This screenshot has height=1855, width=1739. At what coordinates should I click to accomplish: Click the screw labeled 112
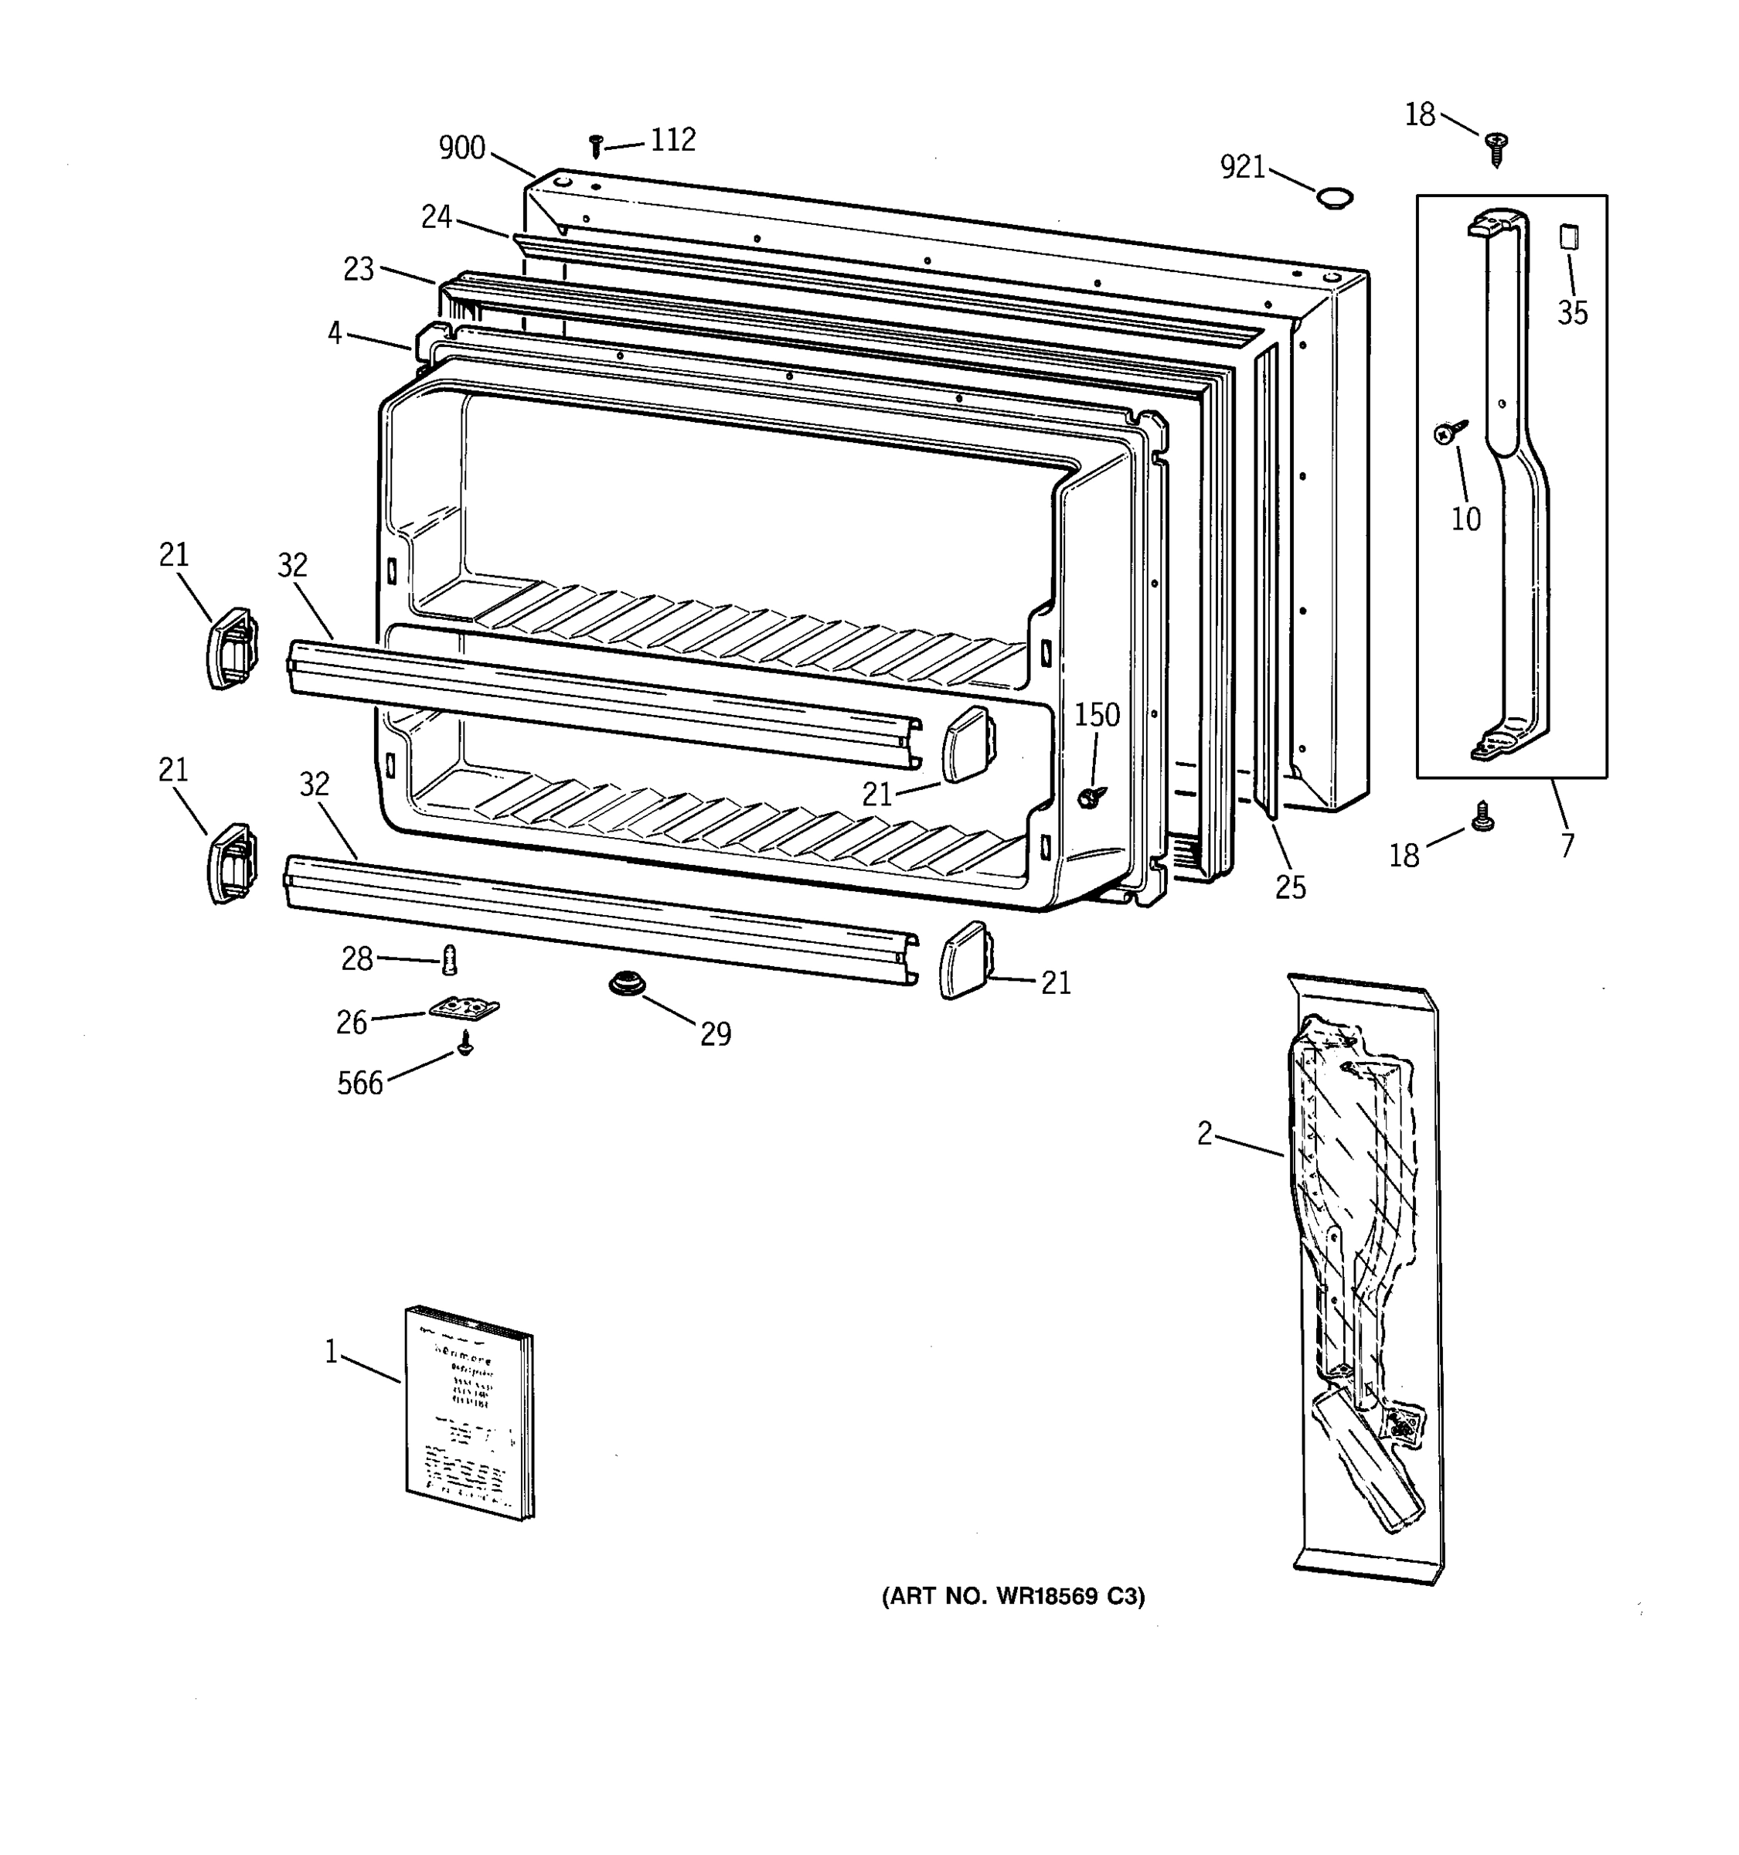[596, 145]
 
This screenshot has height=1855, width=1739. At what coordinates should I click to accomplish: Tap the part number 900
[462, 148]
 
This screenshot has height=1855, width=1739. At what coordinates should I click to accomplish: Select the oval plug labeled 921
[1334, 197]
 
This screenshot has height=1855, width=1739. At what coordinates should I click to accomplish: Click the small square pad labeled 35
[1569, 236]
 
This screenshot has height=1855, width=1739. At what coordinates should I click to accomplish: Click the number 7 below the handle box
[1567, 846]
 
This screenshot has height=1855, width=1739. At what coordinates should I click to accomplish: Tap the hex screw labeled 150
[1090, 796]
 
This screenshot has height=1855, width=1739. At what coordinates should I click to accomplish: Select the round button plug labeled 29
[623, 983]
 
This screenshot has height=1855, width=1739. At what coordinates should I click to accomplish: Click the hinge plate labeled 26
[464, 1009]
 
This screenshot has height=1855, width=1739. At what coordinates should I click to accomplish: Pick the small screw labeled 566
[465, 1043]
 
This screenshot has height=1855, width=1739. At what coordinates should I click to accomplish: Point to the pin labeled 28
[450, 958]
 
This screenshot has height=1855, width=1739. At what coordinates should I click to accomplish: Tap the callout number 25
[1290, 887]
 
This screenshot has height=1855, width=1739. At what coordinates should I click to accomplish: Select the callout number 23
[359, 270]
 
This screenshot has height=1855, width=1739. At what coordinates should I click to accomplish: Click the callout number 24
[437, 217]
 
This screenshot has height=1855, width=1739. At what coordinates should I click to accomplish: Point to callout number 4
[335, 333]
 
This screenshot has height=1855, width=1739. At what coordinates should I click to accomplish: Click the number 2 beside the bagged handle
[1204, 1134]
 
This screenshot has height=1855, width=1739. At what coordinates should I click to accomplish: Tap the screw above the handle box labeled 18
[1496, 148]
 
